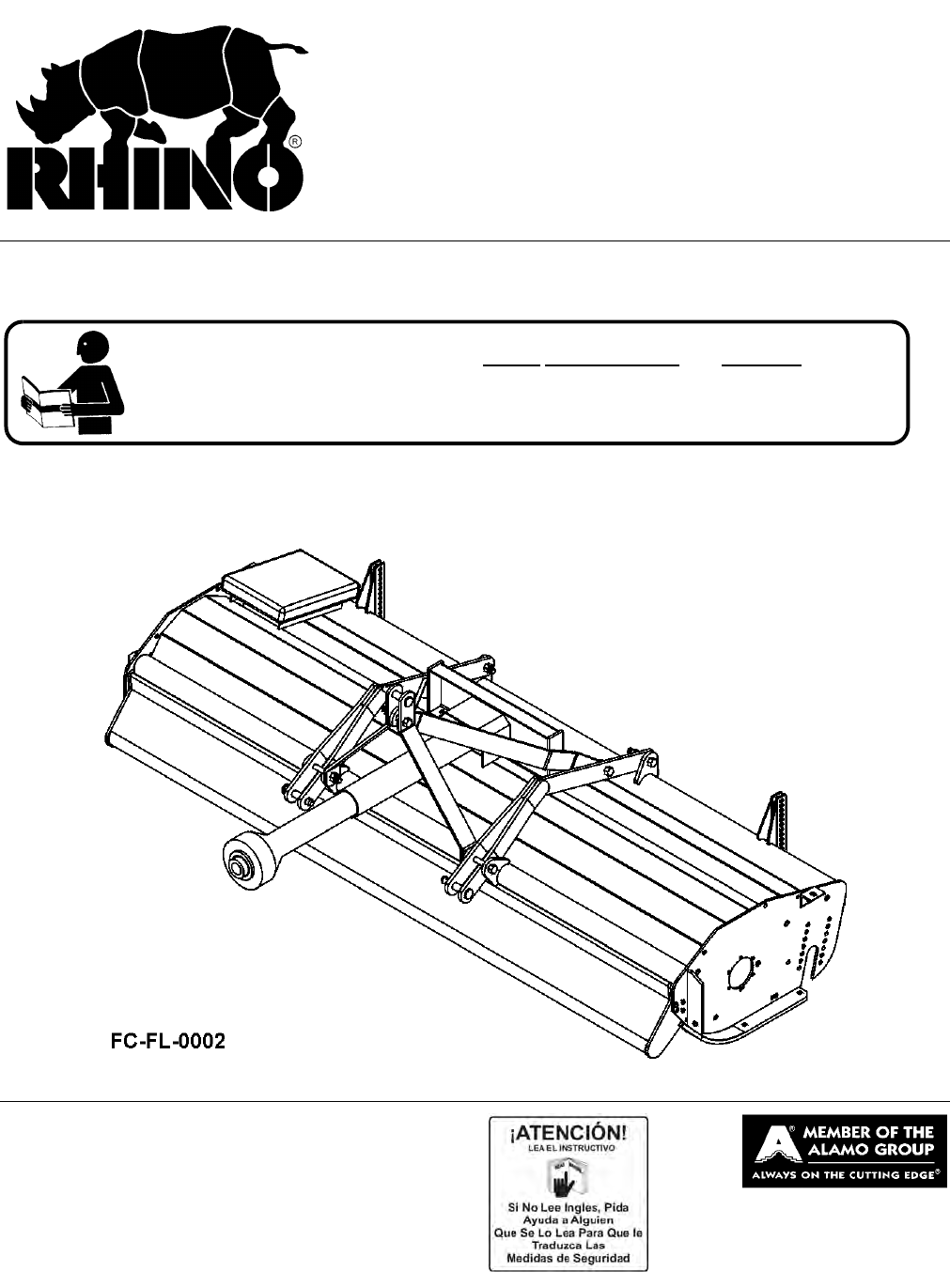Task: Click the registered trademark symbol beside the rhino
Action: (295, 143)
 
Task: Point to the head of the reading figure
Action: (91, 349)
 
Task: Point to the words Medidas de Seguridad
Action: (568, 1258)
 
